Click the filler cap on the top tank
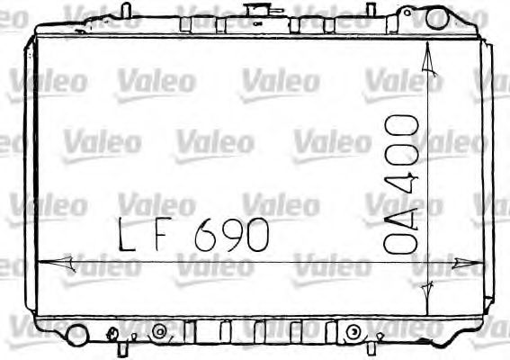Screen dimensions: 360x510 click(x=257, y=11)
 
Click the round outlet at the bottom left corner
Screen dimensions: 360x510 click(x=76, y=336)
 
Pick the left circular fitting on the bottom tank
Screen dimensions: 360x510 click(x=160, y=332)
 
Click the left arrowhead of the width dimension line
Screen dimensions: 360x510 click(x=47, y=262)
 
